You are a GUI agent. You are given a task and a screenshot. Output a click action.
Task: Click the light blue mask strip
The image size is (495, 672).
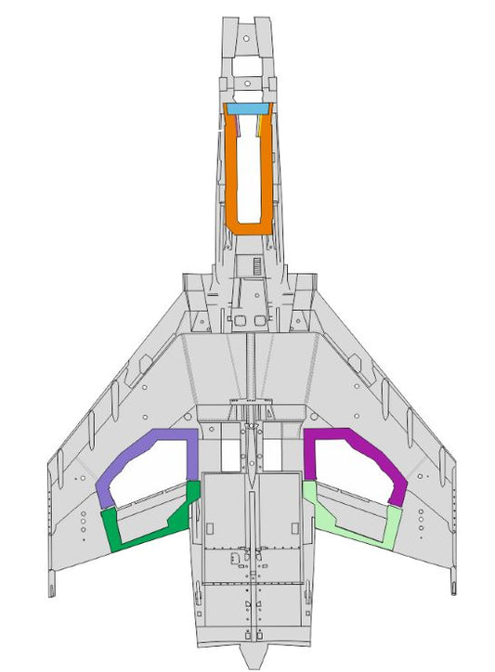point(248,110)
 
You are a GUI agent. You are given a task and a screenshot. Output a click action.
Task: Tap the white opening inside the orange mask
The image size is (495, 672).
point(248,172)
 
